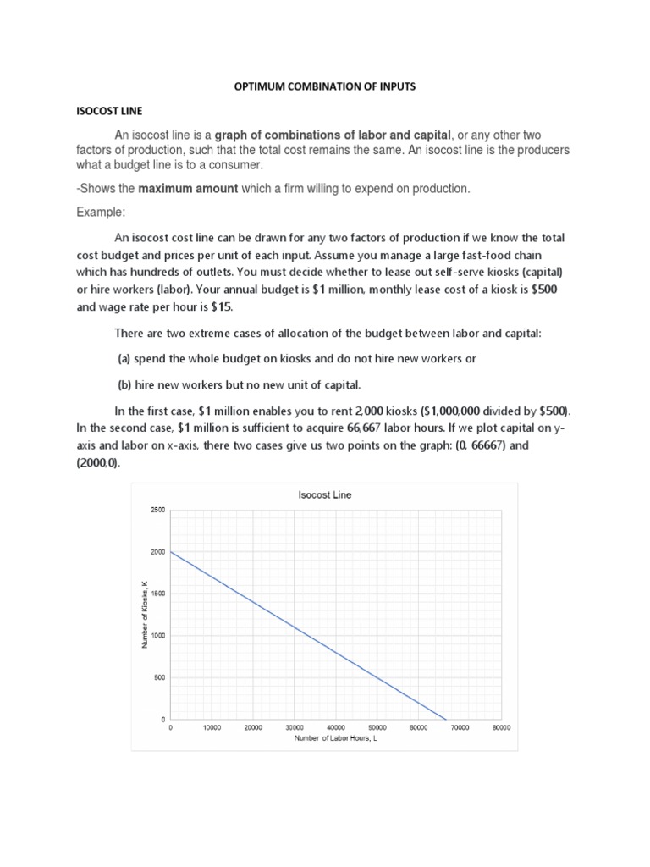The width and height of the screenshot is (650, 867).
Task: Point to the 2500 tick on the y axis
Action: [x=158, y=510]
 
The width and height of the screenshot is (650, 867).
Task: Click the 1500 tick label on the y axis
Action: [x=158, y=594]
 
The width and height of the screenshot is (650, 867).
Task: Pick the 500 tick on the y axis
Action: [x=160, y=677]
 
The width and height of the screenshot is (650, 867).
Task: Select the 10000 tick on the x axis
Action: [x=212, y=727]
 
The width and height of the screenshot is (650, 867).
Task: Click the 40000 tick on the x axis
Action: [x=336, y=727]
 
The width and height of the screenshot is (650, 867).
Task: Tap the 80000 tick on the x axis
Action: [x=501, y=727]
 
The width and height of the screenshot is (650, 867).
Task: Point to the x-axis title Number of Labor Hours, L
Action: [x=336, y=738]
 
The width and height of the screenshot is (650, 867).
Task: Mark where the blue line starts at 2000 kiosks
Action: [x=171, y=551]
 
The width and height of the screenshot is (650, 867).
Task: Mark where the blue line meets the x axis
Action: [x=446, y=719]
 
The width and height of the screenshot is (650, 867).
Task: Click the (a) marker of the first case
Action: [x=124, y=358]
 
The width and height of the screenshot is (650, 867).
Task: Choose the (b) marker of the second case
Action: [x=124, y=384]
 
